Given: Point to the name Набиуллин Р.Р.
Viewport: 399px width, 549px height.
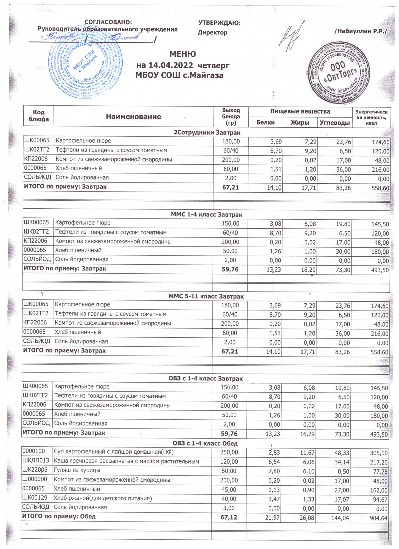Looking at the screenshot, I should coord(360,31).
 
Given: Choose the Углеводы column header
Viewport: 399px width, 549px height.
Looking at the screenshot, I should coord(335,123).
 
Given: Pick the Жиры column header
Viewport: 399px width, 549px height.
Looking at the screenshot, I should coord(300,123).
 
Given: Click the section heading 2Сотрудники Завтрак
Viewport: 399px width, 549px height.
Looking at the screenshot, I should coord(207,133).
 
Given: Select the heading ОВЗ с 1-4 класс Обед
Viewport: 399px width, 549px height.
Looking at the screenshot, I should coord(205,444).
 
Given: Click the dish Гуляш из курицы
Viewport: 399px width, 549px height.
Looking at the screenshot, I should coord(77,470).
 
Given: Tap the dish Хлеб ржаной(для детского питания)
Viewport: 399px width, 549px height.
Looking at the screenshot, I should coord(103,498).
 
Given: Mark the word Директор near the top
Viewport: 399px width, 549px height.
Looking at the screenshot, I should coord(212,33).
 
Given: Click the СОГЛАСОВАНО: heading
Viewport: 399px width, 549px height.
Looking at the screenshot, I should coord(108,22).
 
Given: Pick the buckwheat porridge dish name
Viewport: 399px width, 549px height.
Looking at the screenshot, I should coord(126,461).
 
